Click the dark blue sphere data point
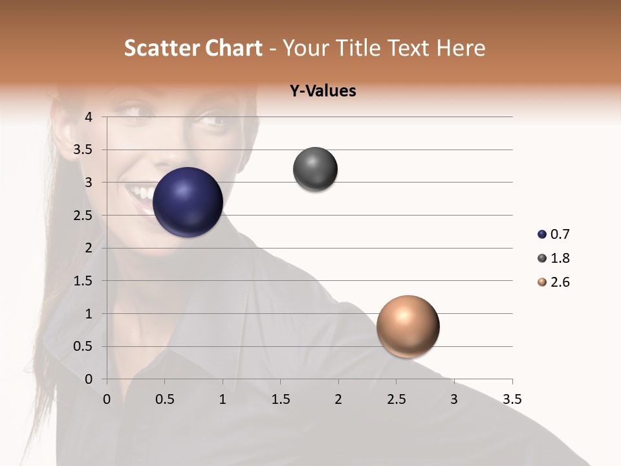coord(188,202)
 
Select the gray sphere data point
coord(315,169)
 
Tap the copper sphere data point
coord(408,326)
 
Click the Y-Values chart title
coord(322,91)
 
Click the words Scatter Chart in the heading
coord(193,48)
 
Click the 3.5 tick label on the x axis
coord(512,399)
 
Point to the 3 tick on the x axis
coord(454,399)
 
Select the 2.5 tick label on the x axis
coord(396,399)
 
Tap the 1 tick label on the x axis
coord(223,399)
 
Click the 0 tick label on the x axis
coord(107,399)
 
